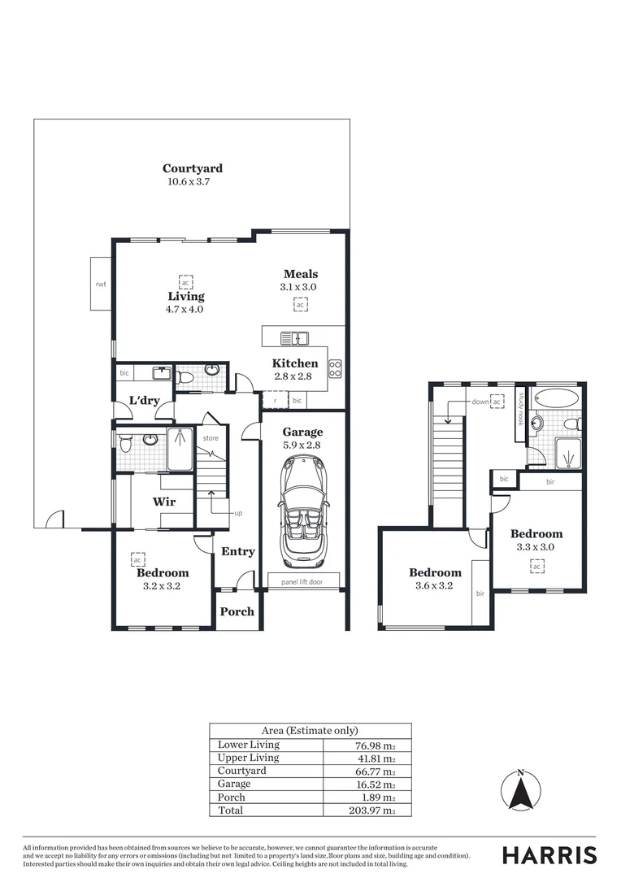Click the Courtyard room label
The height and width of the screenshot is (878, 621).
pyautogui.click(x=192, y=169)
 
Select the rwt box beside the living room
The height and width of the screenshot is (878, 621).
pyautogui.click(x=101, y=284)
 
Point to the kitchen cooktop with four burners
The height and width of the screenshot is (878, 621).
pyautogui.click(x=335, y=370)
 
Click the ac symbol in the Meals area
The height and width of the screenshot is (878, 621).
pyautogui.click(x=301, y=305)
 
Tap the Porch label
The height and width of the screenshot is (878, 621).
pyautogui.click(x=237, y=611)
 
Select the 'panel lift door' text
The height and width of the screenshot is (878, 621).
pyautogui.click(x=302, y=581)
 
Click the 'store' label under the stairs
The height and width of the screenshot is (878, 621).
pyautogui.click(x=211, y=438)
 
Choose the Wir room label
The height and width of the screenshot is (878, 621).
pyautogui.click(x=164, y=502)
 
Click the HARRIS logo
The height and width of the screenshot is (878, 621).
pyautogui.click(x=549, y=854)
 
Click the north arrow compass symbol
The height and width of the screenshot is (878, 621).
pyautogui.click(x=521, y=791)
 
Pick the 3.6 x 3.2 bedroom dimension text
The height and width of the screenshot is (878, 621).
pyautogui.click(x=434, y=585)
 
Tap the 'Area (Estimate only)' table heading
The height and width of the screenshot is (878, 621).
pyautogui.click(x=310, y=731)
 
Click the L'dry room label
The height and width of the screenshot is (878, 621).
pyautogui.click(x=143, y=401)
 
